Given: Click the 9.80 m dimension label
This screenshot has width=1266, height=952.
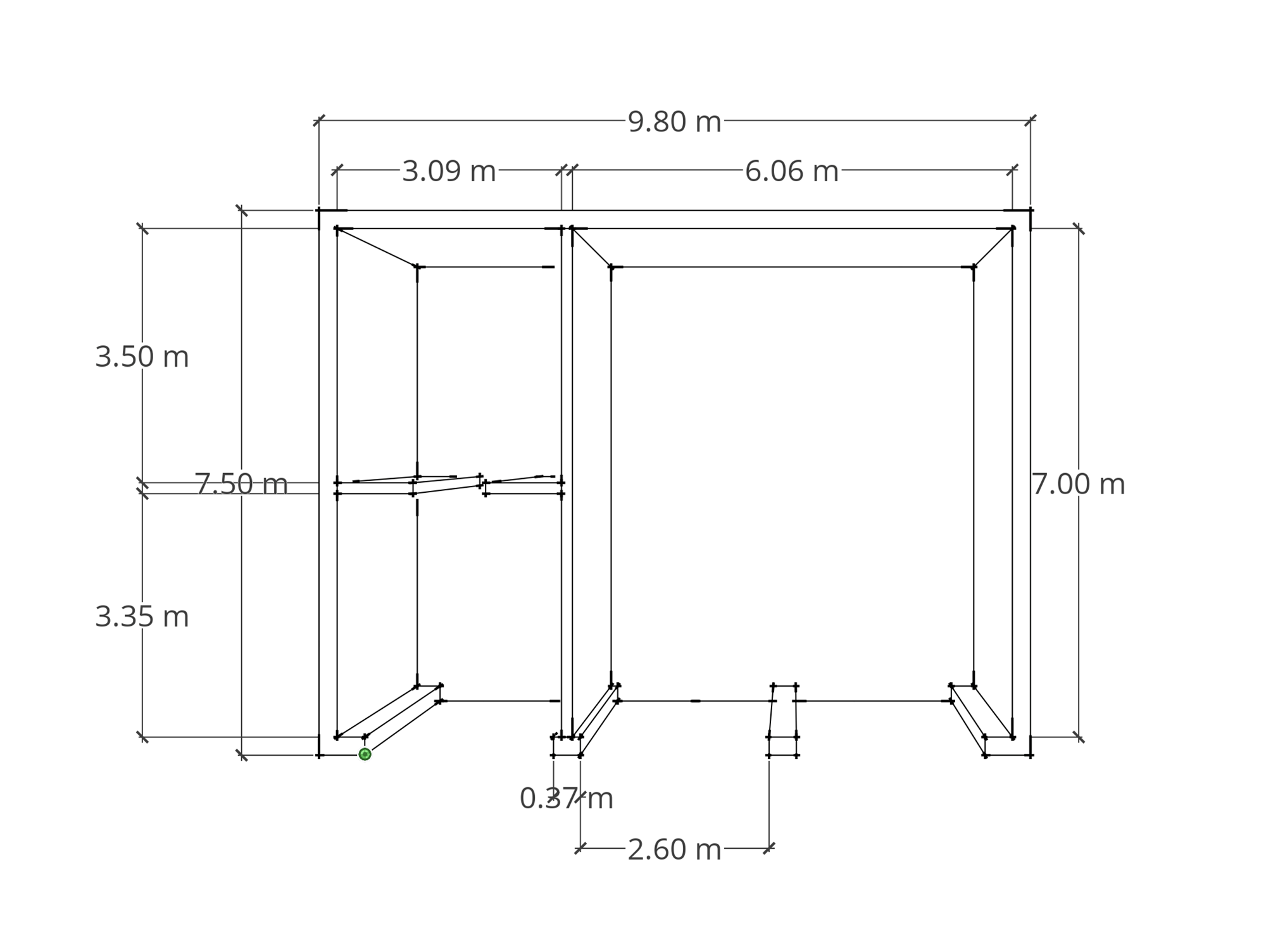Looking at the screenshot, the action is pyautogui.click(x=674, y=122).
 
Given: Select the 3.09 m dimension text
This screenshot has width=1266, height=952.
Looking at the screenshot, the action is pyautogui.click(x=449, y=172).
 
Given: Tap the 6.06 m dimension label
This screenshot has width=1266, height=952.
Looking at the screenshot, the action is pyautogui.click(x=791, y=172).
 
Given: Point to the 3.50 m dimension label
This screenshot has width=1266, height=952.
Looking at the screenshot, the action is pyautogui.click(x=142, y=357).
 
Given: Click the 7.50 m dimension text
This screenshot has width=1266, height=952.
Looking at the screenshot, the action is pyautogui.click(x=241, y=485).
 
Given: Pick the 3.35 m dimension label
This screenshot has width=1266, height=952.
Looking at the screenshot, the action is pyautogui.click(x=142, y=617).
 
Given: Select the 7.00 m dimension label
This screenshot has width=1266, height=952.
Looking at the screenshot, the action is pyautogui.click(x=1079, y=485).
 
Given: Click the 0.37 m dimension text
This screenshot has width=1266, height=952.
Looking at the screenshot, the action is pyautogui.click(x=567, y=799).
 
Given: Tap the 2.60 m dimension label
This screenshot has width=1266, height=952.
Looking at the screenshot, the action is pyautogui.click(x=674, y=850).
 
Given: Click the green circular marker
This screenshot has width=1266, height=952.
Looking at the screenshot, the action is pyautogui.click(x=365, y=754).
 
